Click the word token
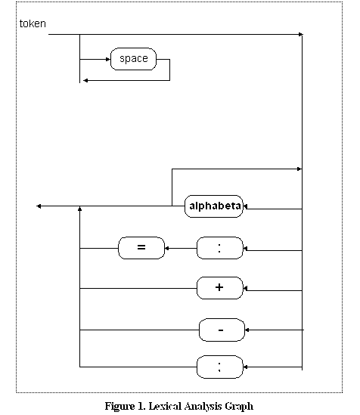[x=33, y=23]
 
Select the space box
[x=133, y=59]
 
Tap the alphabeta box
[x=213, y=206]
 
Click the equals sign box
[x=141, y=248]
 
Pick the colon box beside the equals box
[x=219, y=248]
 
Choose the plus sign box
[x=219, y=288]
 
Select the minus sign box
[x=222, y=330]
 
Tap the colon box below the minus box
[x=219, y=367]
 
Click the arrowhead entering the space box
[x=108, y=59]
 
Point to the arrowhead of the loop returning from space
[x=85, y=80]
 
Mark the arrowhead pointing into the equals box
[x=166, y=248]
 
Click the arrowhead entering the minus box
[x=247, y=330]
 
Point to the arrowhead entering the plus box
[x=245, y=288]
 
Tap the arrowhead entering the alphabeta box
[x=245, y=206]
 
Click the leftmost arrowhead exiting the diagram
[x=39, y=206]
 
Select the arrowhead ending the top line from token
[x=300, y=35]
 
